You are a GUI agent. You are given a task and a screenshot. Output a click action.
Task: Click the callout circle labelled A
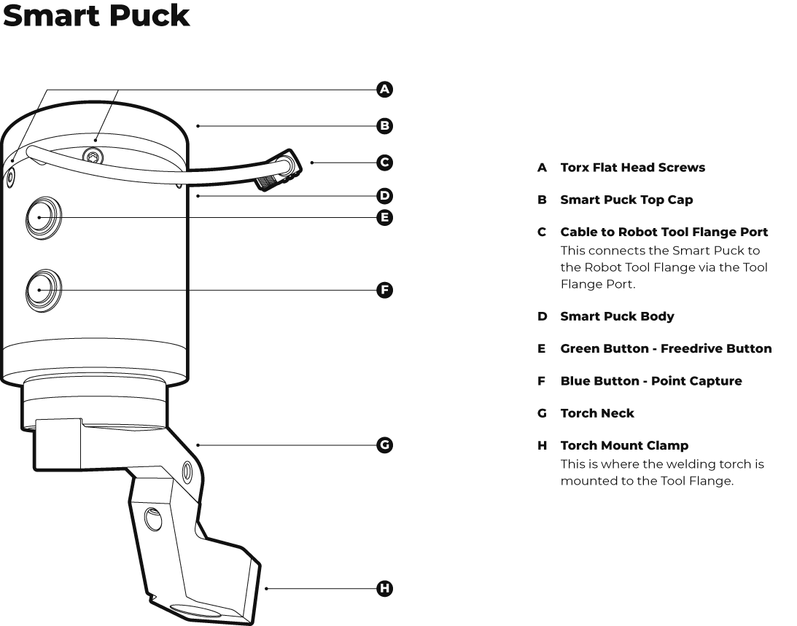coord(384,90)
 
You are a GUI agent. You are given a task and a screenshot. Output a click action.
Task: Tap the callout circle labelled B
coord(384,125)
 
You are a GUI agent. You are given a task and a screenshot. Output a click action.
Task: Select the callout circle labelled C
coord(384,162)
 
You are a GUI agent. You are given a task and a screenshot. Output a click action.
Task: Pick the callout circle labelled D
coord(384,195)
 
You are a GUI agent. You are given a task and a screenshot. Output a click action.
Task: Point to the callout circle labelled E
coord(384,217)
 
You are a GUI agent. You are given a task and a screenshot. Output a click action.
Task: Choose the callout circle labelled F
coord(384,290)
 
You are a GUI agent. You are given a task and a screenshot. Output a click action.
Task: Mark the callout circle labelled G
coord(384,445)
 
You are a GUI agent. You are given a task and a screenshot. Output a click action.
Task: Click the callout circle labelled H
coord(384,588)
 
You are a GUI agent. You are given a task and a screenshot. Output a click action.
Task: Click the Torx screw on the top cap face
coord(93,154)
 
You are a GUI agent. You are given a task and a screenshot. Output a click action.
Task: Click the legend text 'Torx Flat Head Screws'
coord(632,168)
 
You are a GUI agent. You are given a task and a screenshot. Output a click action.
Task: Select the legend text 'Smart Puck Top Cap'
coord(626,200)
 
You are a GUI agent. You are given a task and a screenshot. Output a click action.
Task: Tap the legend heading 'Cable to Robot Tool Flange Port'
coord(664,232)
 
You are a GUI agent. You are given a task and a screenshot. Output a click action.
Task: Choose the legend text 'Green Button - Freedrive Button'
coord(665,348)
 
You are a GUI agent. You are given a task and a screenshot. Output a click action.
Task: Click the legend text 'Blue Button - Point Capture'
coord(650,381)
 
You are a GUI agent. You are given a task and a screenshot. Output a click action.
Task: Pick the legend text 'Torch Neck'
coord(597,413)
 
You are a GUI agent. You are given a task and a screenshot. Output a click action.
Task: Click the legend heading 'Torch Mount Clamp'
coord(623,445)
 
